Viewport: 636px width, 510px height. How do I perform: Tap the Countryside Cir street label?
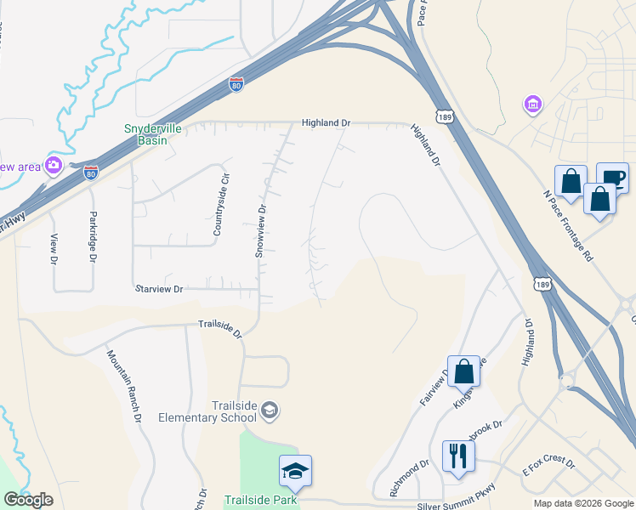coord(221,208)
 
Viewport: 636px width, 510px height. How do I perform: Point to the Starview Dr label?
coord(159,289)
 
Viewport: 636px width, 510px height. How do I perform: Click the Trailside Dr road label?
coord(220,327)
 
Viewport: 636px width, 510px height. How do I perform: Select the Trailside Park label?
coord(261,500)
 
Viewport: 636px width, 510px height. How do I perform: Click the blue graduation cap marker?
coord(295,471)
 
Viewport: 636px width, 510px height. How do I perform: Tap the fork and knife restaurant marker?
coord(458,456)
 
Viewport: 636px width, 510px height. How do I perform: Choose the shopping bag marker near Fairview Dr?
coord(463,371)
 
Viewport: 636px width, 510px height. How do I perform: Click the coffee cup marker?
coord(612,178)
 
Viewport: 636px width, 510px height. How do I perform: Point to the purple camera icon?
coord(54,165)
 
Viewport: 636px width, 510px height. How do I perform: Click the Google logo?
coord(27,500)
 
